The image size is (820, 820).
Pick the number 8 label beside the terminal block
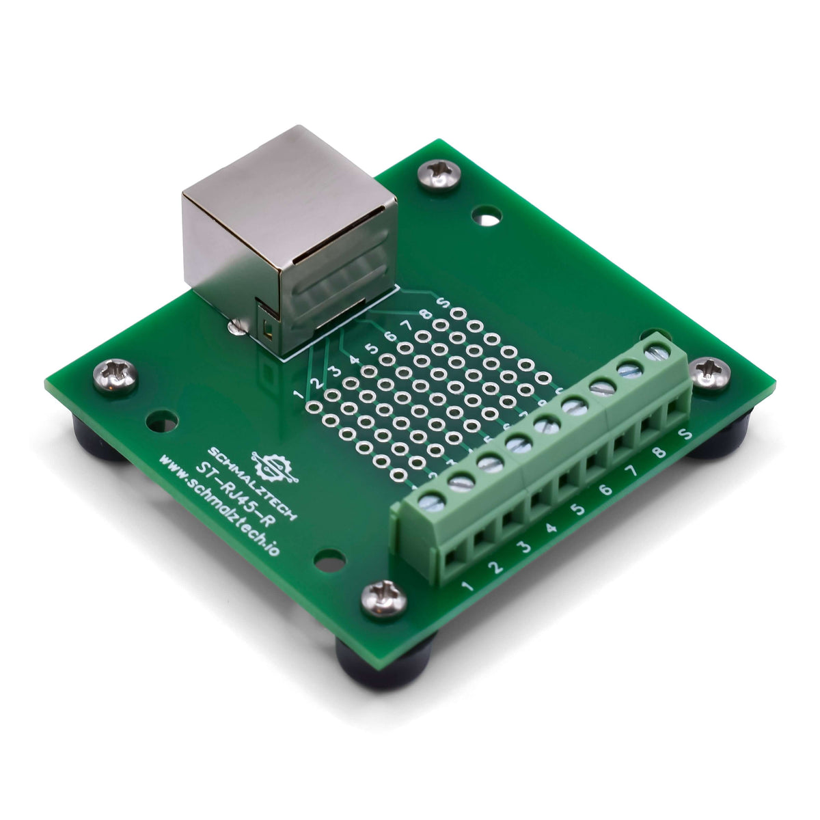[x=659, y=452]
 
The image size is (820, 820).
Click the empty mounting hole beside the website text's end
[x=328, y=561]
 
